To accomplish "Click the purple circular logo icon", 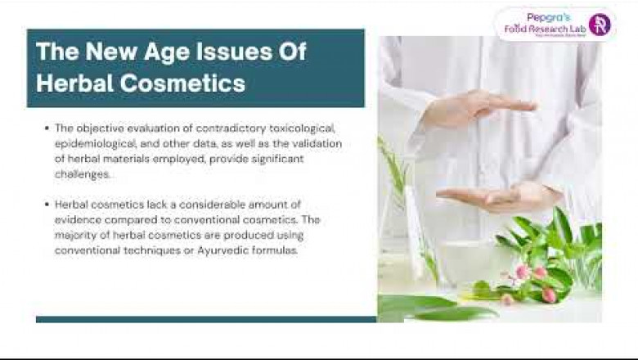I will pos(600,25).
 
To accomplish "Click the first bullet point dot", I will pos(47,128).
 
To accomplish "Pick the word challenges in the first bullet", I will pos(79,173).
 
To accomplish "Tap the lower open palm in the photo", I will pos(491,197).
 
